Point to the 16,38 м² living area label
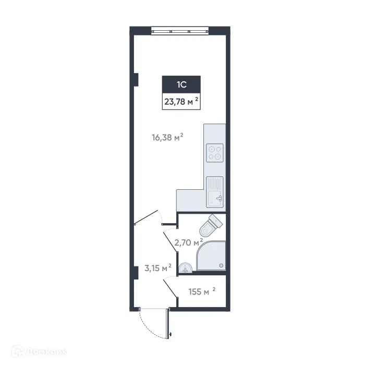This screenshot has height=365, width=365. coord(167,138)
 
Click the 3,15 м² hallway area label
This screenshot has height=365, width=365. coord(158,269)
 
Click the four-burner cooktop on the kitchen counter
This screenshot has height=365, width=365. coord(214,152)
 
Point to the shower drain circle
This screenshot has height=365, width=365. coord(222,266)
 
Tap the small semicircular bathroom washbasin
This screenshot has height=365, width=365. coord(185,268)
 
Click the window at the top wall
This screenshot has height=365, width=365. coord(180,30)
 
